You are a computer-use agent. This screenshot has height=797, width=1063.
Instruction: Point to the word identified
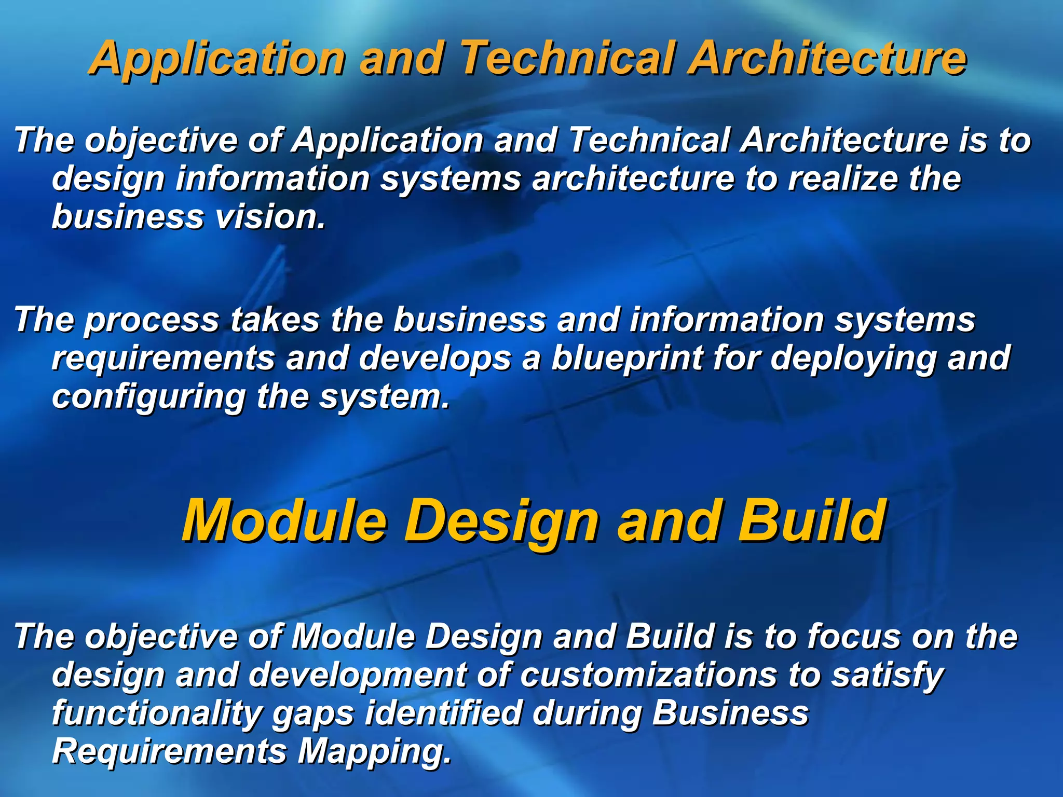(443, 713)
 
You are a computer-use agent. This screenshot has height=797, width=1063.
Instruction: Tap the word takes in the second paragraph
(275, 319)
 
